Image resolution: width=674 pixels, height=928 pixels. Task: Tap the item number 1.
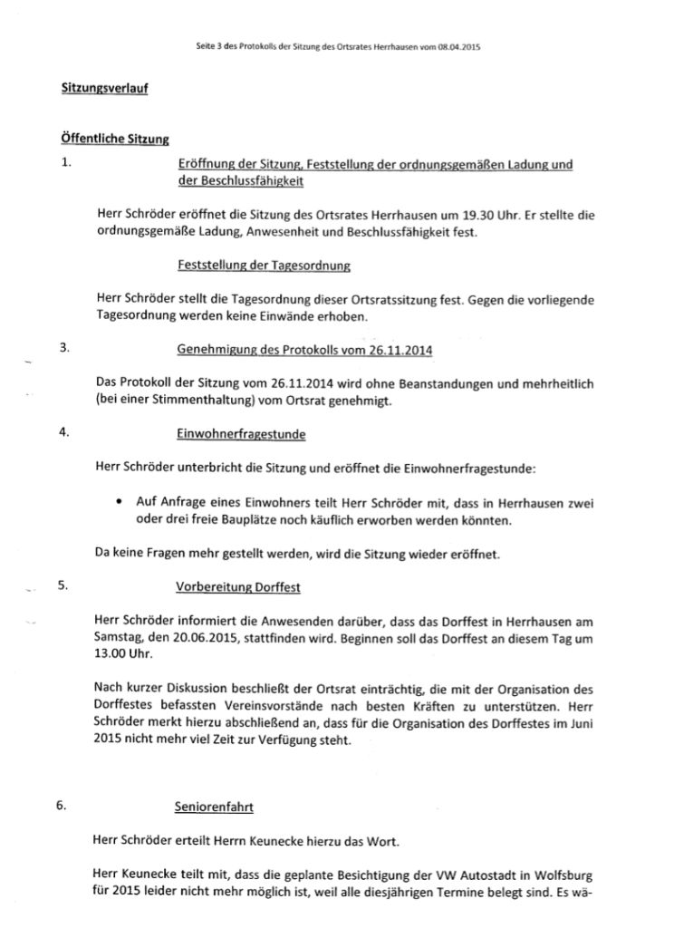pyautogui.click(x=65, y=164)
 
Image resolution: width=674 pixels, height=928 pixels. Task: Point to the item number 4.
pyautogui.click(x=65, y=432)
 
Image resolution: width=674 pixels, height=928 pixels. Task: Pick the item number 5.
pyautogui.click(x=65, y=585)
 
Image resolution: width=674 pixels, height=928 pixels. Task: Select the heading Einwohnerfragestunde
pyautogui.click(x=241, y=434)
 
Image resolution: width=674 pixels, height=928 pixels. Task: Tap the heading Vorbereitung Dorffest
pyautogui.click(x=238, y=586)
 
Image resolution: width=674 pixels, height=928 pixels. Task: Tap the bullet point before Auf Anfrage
pyautogui.click(x=120, y=500)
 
